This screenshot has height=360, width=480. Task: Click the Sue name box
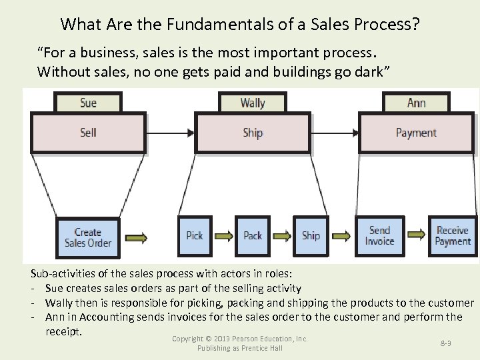click(x=88, y=103)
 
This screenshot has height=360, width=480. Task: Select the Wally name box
click(x=253, y=103)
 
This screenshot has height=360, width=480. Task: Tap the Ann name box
click(x=416, y=103)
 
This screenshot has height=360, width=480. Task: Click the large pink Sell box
click(x=88, y=133)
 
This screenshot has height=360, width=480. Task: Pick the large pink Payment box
click(x=416, y=133)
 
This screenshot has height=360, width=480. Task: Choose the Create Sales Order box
click(x=88, y=237)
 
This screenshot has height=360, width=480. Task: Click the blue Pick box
click(x=195, y=235)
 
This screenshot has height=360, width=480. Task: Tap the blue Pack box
click(x=253, y=235)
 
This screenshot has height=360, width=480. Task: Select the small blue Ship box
click(x=311, y=235)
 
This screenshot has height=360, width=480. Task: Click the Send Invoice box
click(x=379, y=235)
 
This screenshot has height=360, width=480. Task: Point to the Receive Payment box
click(x=453, y=235)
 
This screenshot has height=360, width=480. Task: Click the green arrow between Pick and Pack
click(x=224, y=235)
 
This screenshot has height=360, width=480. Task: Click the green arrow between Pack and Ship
click(x=282, y=235)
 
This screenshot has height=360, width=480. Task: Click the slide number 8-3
click(x=446, y=343)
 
